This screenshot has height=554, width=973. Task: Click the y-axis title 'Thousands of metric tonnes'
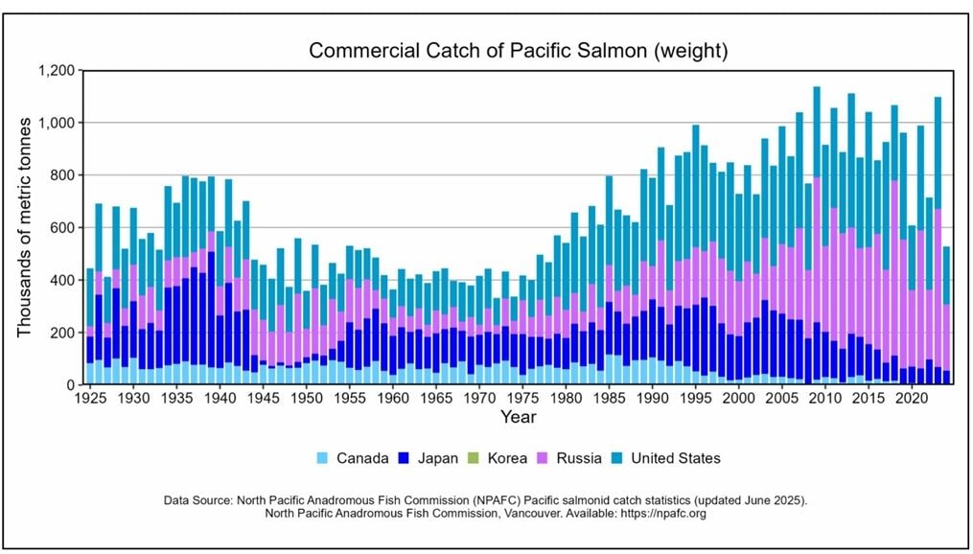pos(26,226)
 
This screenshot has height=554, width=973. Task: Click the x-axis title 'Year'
pos(518,417)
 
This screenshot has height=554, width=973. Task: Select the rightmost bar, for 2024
pos(946,316)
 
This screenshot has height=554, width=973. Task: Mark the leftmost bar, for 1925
pos(90,326)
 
